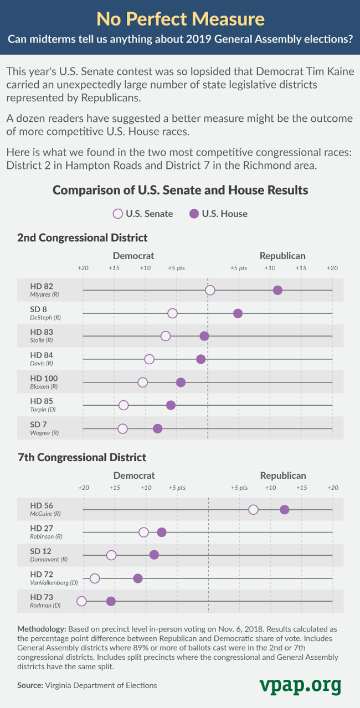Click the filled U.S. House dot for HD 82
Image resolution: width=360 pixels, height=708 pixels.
pos(277,291)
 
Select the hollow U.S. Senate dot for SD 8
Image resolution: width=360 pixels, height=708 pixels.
pos(172,313)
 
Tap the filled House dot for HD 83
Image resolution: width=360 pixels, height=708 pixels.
pos(204,336)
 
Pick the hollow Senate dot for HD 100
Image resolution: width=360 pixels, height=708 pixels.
pos(142,383)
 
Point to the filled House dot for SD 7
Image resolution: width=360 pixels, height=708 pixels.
pos(157,428)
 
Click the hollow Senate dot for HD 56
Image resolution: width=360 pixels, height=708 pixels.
pos(253,510)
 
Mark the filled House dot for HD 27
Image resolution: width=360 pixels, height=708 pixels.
pos(162,533)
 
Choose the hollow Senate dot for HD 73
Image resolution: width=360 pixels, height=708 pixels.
pos(82,601)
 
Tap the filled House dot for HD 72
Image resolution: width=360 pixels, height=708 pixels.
pos(138,578)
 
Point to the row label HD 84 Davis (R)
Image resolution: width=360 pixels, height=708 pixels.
pos(42,359)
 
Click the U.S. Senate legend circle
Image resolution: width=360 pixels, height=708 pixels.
pos(117,214)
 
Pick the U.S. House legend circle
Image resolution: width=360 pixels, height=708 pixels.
pos(194,214)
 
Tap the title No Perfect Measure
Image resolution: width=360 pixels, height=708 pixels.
pos(180,20)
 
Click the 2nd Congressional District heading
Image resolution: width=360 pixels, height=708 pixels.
pos(83,237)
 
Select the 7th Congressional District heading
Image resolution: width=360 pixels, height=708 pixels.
pos(82,457)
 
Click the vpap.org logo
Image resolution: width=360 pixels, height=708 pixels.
pos(300,685)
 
